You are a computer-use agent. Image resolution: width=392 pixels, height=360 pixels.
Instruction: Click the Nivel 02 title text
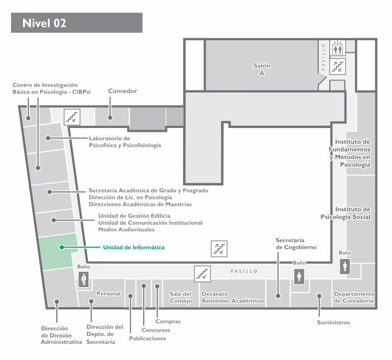click(x=44, y=23)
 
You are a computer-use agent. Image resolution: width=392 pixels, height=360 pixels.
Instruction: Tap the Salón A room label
click(x=262, y=69)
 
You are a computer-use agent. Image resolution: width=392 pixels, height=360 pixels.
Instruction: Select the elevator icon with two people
click(x=338, y=48)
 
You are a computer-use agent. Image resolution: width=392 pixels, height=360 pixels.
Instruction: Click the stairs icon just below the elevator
click(x=338, y=66)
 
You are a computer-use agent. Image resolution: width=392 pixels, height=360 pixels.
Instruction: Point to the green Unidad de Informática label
click(x=134, y=248)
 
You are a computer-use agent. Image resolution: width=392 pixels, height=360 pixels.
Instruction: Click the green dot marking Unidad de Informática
click(x=62, y=247)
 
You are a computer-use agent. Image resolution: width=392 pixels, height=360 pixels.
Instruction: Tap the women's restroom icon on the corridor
click(x=299, y=276)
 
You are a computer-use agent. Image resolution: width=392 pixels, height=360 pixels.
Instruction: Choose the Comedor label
click(x=122, y=91)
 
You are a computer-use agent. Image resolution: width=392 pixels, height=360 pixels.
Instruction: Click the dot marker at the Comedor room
click(x=110, y=118)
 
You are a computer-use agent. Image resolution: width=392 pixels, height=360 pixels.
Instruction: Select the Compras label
click(x=168, y=321)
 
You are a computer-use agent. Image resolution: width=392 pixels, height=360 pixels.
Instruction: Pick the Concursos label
click(x=156, y=330)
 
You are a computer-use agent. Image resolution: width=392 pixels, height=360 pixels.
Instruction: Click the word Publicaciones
click(x=147, y=339)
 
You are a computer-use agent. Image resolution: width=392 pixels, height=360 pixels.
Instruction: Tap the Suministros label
click(x=333, y=322)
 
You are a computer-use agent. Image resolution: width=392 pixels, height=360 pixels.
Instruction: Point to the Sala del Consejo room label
click(x=180, y=297)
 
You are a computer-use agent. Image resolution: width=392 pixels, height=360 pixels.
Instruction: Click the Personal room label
click(x=109, y=294)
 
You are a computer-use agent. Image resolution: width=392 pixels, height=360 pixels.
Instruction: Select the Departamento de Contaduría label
click(x=354, y=297)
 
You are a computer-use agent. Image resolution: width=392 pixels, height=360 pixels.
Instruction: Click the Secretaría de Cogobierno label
click(x=296, y=244)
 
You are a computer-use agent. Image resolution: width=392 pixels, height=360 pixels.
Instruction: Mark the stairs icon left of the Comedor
click(x=72, y=117)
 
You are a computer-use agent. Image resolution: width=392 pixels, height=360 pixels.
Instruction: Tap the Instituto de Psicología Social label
click(x=345, y=213)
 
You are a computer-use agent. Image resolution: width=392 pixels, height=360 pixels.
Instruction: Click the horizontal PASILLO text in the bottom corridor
click(x=244, y=271)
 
